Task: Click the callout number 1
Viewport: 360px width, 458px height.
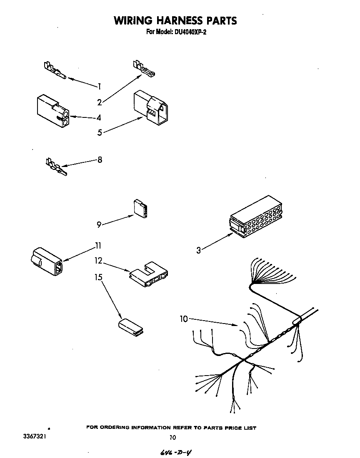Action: pyautogui.click(x=100, y=87)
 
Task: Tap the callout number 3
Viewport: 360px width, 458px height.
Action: pyautogui.click(x=199, y=250)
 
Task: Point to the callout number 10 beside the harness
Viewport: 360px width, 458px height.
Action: pyautogui.click(x=184, y=319)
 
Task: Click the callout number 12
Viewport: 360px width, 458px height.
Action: pyautogui.click(x=98, y=261)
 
